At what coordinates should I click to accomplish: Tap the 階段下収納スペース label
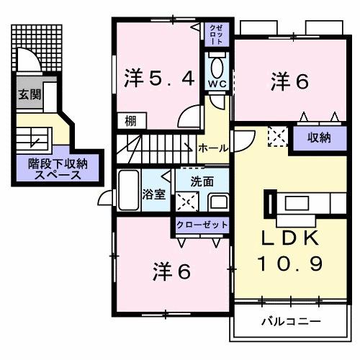coord(53,168)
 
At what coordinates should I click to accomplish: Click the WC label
coord(217,84)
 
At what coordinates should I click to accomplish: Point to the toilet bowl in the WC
coord(217,68)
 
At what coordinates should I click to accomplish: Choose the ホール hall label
coord(214,148)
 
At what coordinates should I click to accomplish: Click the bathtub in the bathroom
coord(129,190)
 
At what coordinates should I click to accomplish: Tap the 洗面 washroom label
coord(202,181)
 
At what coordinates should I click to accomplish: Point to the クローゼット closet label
coord(202,225)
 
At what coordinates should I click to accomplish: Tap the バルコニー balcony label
coord(291,320)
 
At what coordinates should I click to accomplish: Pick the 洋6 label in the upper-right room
coord(290,81)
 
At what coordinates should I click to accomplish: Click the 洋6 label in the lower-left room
coord(172,271)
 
